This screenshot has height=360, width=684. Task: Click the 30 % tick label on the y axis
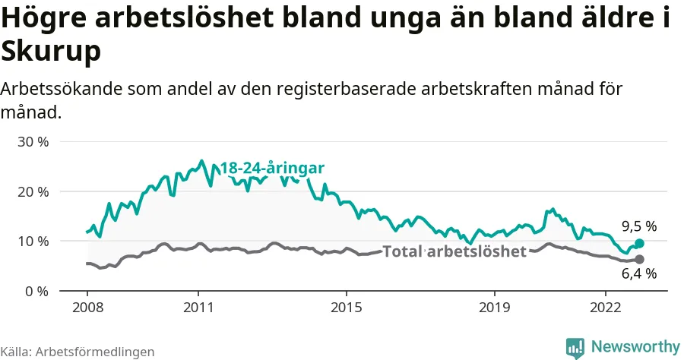(x=32, y=142)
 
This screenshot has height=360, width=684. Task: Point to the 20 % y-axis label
(x=32, y=191)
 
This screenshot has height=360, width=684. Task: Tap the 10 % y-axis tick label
(x=32, y=242)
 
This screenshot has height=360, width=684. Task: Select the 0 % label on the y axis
(x=36, y=291)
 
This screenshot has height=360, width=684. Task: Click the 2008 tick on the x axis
(x=87, y=309)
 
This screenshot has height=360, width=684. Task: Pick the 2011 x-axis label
(x=198, y=309)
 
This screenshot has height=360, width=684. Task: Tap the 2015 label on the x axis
(x=347, y=309)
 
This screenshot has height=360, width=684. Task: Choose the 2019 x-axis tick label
(x=495, y=309)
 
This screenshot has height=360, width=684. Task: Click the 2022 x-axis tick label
(x=606, y=309)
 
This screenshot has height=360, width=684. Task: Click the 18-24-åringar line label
(x=272, y=169)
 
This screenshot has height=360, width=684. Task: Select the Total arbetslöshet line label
(x=454, y=251)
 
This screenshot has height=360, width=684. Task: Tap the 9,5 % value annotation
(x=638, y=226)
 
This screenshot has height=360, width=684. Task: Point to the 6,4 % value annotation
(x=638, y=274)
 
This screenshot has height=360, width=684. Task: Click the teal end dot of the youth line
(x=639, y=243)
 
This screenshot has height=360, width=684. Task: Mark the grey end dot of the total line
(x=639, y=260)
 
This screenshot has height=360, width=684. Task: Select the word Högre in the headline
(x=47, y=21)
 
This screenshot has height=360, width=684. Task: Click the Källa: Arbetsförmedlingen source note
(x=78, y=352)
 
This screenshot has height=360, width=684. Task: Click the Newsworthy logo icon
(x=575, y=347)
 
